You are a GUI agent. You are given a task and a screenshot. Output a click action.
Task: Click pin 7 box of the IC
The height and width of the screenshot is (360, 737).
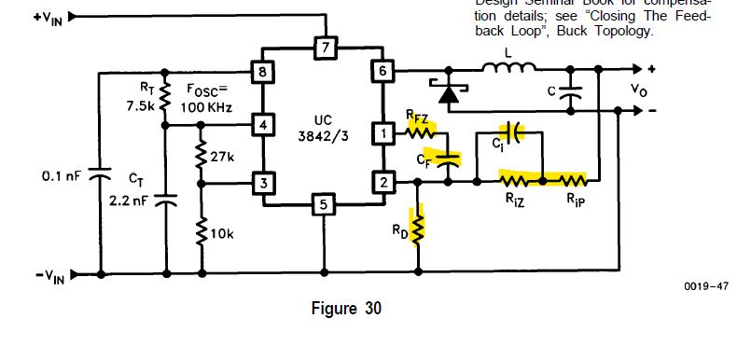[x=324, y=47]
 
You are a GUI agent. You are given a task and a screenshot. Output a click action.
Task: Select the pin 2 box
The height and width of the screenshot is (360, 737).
[x=382, y=183]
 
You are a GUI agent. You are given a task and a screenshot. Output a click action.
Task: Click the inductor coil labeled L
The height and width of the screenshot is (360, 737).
[x=508, y=67]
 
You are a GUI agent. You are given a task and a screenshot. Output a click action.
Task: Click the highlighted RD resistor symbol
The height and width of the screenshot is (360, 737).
[x=418, y=226]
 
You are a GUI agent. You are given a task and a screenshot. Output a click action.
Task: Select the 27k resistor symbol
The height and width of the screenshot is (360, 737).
[x=201, y=156]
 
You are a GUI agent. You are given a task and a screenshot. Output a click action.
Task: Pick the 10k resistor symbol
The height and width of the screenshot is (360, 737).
[x=201, y=229]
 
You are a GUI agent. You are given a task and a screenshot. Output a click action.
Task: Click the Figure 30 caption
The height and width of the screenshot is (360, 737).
[x=345, y=309]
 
